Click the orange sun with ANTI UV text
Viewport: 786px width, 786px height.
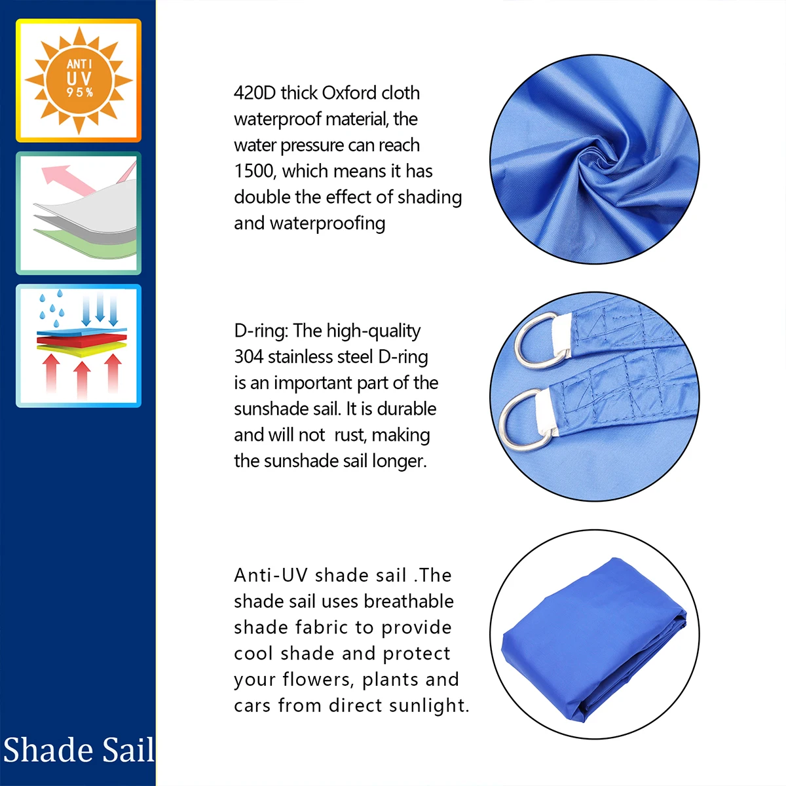79,81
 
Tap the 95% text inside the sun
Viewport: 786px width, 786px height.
80,92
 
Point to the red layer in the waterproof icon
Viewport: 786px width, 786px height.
82,341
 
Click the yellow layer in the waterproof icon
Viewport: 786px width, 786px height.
82,350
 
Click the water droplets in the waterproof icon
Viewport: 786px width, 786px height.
52,309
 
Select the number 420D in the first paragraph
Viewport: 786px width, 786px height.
255,94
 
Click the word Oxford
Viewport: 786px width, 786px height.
349,94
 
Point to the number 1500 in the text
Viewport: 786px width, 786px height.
253,172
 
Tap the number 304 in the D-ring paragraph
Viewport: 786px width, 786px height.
249,357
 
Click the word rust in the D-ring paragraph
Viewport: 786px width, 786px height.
350,435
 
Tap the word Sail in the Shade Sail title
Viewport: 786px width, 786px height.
128,750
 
